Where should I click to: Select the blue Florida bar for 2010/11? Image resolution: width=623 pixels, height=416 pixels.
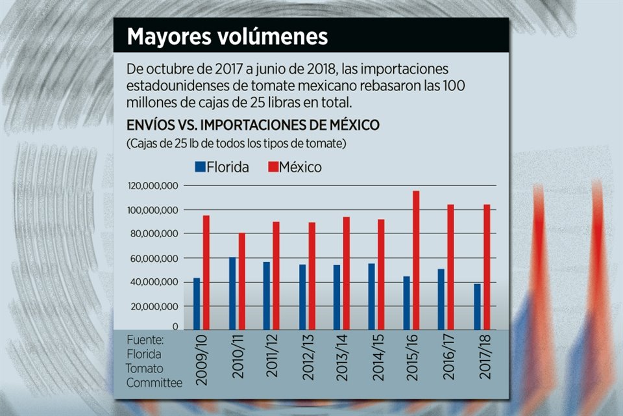tap(232, 293)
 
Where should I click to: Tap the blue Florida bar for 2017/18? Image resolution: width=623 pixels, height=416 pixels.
tap(477, 306)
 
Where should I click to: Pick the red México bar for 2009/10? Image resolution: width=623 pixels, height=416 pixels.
tap(206, 272)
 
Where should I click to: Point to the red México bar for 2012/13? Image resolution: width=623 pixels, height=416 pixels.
tap(311, 276)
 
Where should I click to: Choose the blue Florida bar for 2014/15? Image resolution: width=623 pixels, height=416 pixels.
tap(372, 296)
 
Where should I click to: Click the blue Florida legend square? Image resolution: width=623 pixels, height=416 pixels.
tap(200, 167)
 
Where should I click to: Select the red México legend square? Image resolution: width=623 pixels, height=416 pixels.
tap(273, 167)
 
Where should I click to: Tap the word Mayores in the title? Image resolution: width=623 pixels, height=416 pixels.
tap(166, 36)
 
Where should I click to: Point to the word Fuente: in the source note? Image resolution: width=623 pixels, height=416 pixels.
tap(145, 340)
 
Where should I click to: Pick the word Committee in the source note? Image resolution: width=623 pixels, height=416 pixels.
tap(154, 383)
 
